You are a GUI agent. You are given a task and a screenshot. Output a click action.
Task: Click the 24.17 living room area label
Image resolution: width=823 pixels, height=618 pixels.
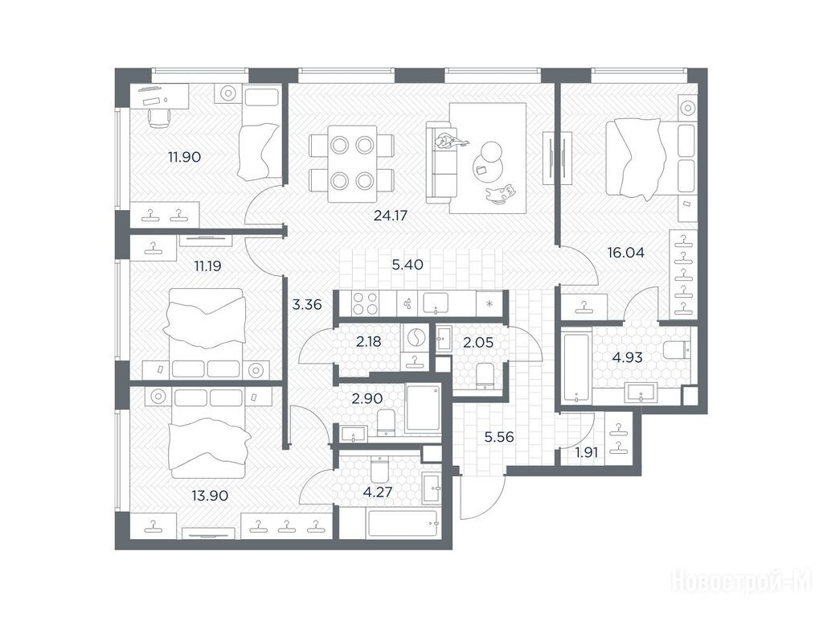(391, 215)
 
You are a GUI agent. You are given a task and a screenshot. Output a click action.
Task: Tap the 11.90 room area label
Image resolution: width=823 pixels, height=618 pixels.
(184, 157)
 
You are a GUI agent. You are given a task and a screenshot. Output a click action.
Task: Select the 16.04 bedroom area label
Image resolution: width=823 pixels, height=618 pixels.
(625, 252)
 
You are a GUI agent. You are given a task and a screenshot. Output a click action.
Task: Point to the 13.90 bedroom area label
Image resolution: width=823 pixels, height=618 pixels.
(210, 495)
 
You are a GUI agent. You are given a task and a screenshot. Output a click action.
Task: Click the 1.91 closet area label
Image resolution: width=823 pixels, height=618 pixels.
(586, 452)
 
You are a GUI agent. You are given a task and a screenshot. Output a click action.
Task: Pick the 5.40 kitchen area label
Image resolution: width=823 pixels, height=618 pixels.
(407, 264)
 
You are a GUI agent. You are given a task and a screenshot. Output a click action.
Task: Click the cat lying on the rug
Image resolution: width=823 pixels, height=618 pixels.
(500, 192)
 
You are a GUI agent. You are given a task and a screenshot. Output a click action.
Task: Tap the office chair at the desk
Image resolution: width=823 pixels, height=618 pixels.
(160, 117)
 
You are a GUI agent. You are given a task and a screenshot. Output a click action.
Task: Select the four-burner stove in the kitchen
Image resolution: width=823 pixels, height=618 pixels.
(365, 303)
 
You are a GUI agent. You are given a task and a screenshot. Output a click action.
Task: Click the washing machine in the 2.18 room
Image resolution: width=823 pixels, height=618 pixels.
(415, 337)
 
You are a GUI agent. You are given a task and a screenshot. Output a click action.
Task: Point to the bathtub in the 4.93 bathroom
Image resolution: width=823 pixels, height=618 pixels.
(575, 366)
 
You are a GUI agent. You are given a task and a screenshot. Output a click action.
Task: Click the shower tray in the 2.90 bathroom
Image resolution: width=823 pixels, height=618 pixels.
(423, 408)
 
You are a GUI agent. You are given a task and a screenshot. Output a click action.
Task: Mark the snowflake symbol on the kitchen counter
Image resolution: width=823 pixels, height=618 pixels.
(489, 303)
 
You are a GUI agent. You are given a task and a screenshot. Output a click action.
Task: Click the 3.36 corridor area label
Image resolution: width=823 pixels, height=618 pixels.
(306, 304)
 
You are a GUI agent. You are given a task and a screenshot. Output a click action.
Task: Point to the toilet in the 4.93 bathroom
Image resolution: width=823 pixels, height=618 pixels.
(677, 349)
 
